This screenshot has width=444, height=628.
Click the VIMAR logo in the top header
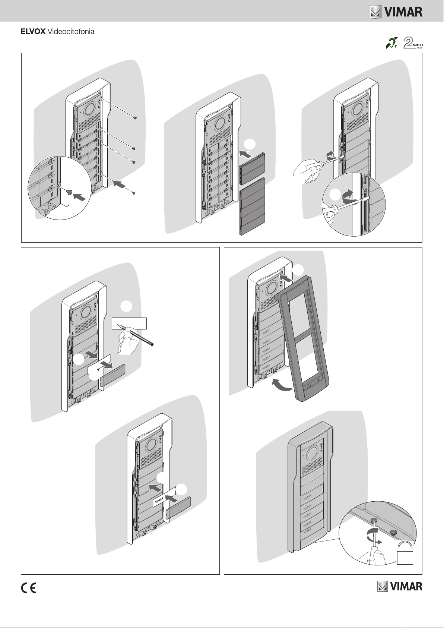click(x=396, y=12)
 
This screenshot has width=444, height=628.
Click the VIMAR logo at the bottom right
click(x=400, y=587)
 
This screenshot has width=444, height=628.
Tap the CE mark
click(x=28, y=588)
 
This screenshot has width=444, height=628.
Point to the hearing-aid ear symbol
click(x=391, y=43)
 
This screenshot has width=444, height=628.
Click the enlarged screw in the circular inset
click(x=69, y=192)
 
